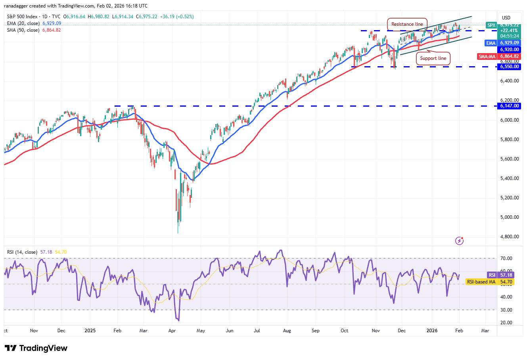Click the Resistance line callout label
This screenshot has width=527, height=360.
[407, 24]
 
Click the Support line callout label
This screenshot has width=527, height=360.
[433, 58]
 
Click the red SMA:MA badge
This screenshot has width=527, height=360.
[487, 56]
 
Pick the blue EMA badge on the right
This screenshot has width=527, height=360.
[491, 43]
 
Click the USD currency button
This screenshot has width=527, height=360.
[506, 17]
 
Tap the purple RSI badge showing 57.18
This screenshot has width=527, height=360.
[492, 275]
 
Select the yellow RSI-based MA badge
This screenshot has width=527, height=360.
[481, 282]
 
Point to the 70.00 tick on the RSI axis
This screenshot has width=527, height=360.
[506, 259]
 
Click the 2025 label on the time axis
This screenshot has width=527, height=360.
[90, 330]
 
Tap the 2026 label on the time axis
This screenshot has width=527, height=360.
[432, 330]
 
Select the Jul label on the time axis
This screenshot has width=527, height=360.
[257, 330]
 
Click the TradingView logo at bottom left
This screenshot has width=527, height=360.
[36, 348]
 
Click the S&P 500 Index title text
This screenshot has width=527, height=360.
[22, 17]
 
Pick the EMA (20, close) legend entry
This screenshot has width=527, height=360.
[23, 23]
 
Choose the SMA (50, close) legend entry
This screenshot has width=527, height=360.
[23, 30]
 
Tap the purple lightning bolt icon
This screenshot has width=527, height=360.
[459, 241]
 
